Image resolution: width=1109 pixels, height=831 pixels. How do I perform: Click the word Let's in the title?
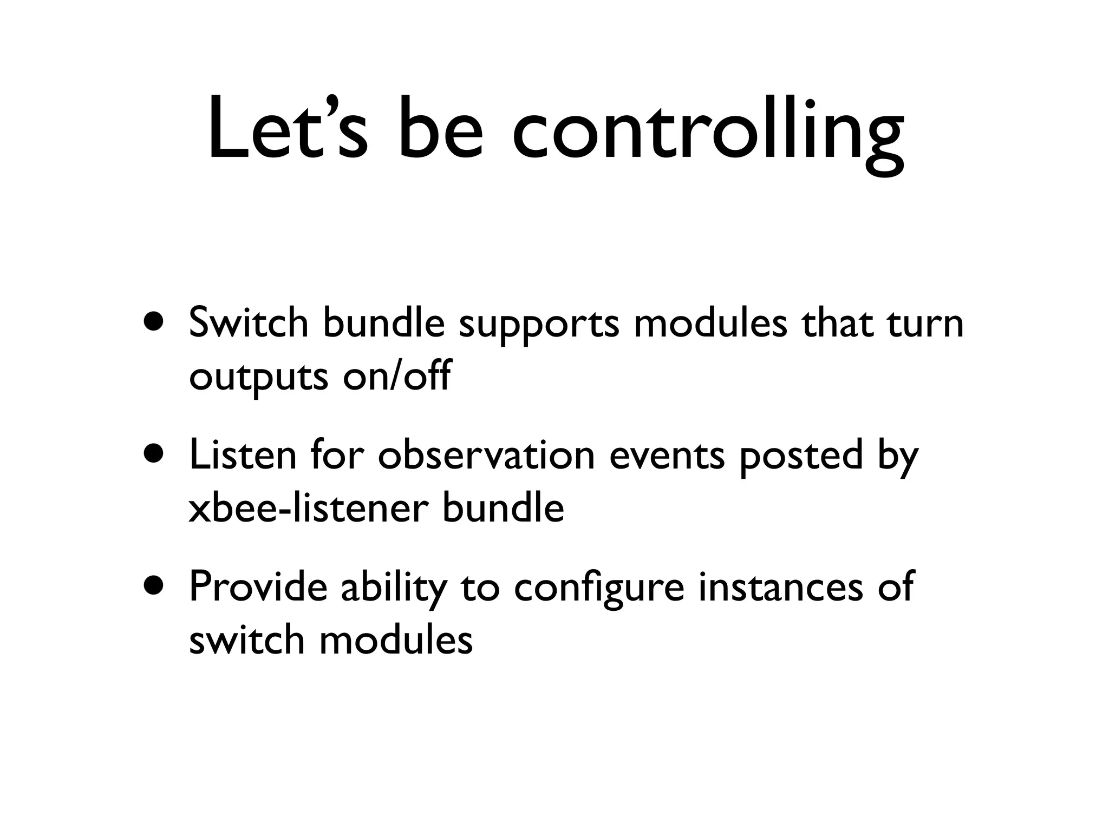point(288,130)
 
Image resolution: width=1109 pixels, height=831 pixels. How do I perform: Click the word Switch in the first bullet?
point(249,323)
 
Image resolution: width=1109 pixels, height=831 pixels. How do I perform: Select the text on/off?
point(396,375)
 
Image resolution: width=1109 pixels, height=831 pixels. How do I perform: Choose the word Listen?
point(243,455)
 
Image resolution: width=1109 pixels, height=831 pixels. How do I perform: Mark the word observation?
point(486,455)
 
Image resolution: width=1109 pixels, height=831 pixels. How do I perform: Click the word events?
point(667,456)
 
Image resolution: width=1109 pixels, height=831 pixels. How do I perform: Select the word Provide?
point(258,588)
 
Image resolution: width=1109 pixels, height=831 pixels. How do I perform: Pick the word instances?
point(780,588)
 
